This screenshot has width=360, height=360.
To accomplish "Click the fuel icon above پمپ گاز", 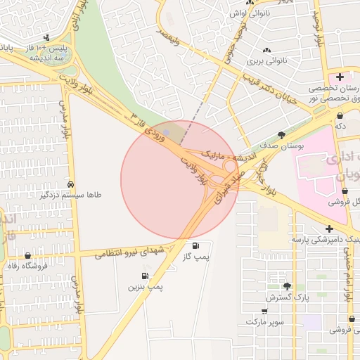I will click(x=195, y=245).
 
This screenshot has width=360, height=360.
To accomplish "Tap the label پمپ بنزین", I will click(x=146, y=287).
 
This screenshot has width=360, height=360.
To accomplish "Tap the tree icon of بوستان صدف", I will click(x=282, y=134).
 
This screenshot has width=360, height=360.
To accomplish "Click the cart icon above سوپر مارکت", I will click(x=264, y=311).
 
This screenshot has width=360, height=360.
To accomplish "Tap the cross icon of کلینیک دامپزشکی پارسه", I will click(x=330, y=229).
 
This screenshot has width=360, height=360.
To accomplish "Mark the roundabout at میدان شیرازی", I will click(x=229, y=167).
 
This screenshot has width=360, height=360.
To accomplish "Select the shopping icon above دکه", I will click(x=340, y=115).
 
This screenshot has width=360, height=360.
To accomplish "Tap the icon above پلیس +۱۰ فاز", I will click(x=46, y=37).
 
